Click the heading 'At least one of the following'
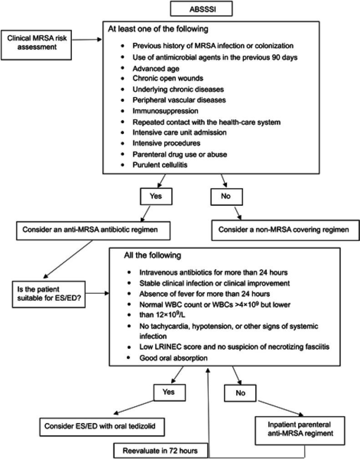[x=158, y=29]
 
